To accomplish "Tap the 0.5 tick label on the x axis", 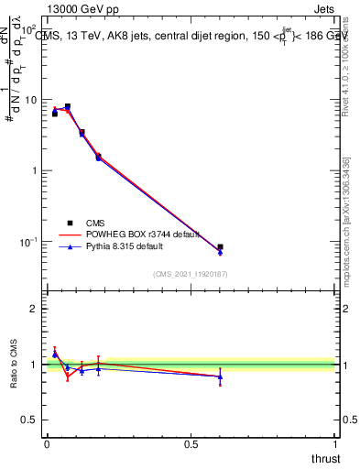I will [x=191, y=444].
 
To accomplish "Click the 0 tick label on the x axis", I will [x=47, y=444].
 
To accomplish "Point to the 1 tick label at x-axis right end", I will [x=334, y=444].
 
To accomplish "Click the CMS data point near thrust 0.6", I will [x=220, y=247].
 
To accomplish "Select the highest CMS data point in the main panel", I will [x=68, y=106].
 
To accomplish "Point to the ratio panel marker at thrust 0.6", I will [x=220, y=376].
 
